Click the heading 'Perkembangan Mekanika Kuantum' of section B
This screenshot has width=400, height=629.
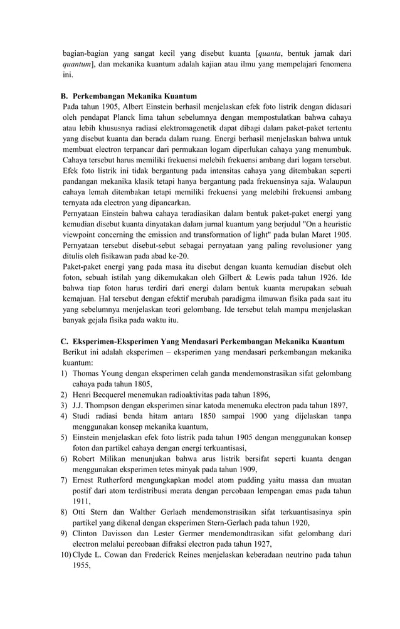point(134,96)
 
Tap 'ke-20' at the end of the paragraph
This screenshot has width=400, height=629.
point(179,256)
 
